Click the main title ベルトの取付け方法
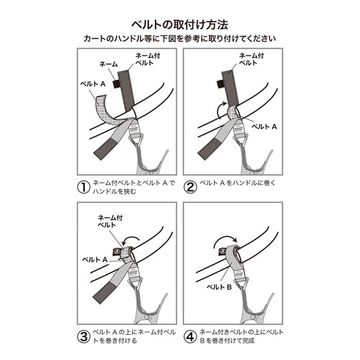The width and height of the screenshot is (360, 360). point(180,24)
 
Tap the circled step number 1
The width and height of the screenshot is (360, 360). point(84,187)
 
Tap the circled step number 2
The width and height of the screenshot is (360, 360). point(190,187)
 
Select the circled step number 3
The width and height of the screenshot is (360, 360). point(84,337)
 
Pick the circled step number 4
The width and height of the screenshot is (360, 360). point(190,337)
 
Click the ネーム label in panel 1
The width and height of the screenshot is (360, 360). point(109,64)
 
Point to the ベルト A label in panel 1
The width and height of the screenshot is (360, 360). point(93,84)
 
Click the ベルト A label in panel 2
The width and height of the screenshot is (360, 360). point(264,127)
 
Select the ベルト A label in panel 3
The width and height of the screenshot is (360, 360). point(95,259)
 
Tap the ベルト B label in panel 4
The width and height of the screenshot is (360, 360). point(219,287)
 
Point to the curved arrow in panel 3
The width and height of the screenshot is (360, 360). point(131,237)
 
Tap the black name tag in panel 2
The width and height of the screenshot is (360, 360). point(220,84)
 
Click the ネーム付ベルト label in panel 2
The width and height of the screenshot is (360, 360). point(251,59)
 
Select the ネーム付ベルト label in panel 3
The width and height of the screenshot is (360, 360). point(110,221)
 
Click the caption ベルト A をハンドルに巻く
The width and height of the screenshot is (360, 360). point(238,183)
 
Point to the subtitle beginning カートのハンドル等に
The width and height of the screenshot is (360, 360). point(180,38)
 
